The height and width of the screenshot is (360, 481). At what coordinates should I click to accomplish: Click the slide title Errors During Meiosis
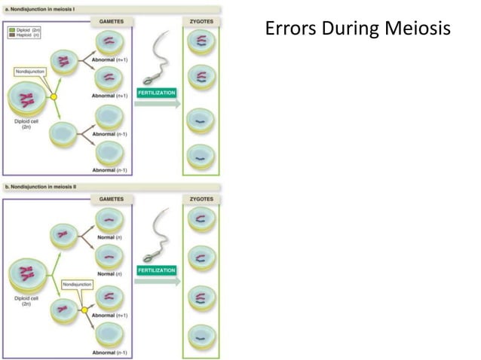click(358, 29)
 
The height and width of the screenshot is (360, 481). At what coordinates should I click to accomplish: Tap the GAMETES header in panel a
click(112, 22)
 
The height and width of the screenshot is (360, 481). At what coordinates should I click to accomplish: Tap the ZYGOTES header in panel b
click(201, 200)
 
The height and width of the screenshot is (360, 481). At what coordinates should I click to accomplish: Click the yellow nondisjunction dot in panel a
click(54, 97)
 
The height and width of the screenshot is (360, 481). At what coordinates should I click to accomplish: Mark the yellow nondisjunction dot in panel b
click(84, 309)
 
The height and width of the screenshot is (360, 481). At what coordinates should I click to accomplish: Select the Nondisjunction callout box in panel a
click(30, 72)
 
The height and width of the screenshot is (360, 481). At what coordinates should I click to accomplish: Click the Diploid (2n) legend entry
click(24, 29)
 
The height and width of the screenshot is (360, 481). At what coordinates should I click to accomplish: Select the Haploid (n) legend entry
click(24, 35)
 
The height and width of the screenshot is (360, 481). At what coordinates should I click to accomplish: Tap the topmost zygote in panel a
click(201, 41)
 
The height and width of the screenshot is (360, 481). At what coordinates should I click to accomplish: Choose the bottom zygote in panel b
click(201, 334)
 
